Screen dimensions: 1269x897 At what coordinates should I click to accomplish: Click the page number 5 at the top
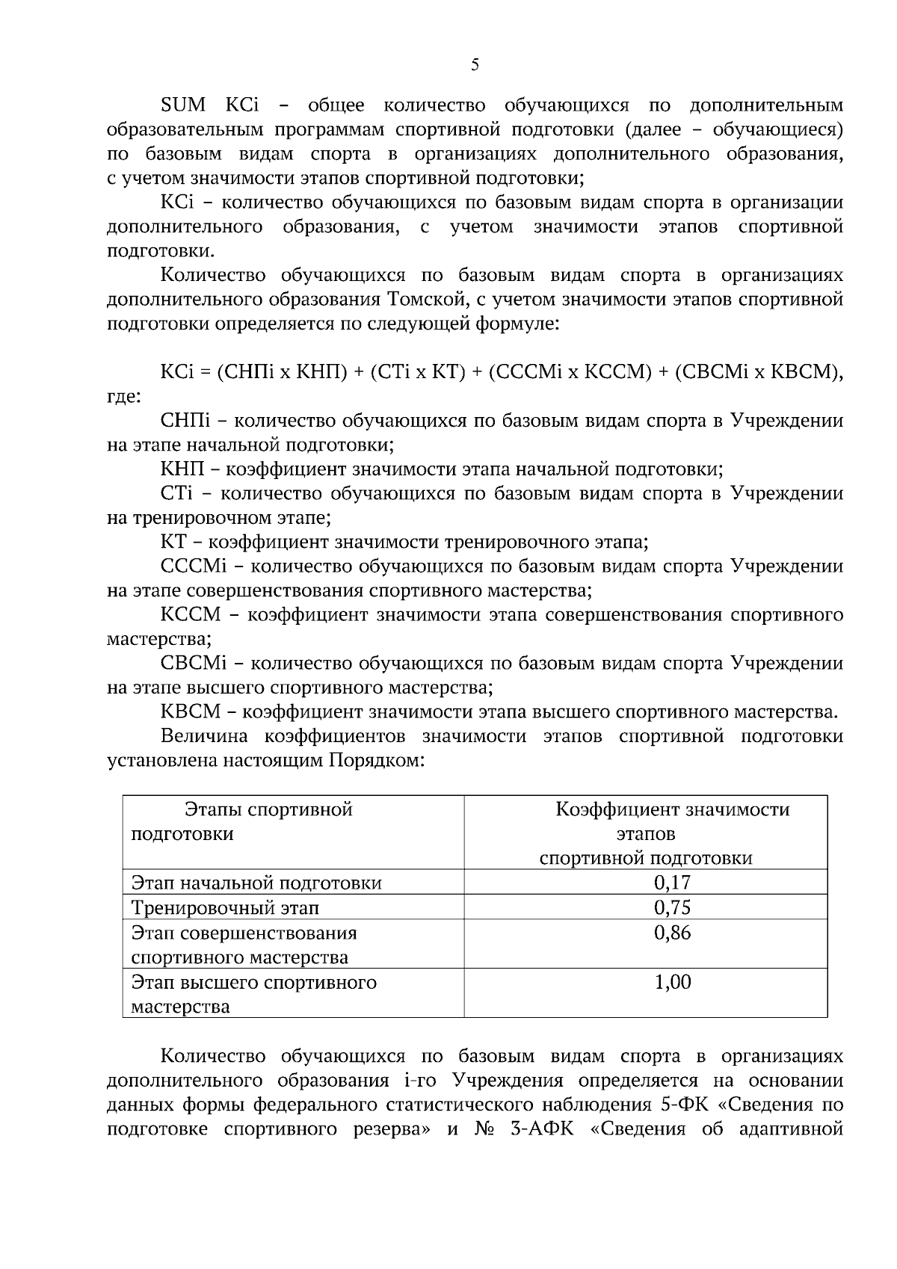pyautogui.click(x=475, y=65)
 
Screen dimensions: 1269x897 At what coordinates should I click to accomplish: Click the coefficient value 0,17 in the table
pyautogui.click(x=672, y=883)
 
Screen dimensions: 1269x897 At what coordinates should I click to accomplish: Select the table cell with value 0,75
pyautogui.click(x=672, y=907)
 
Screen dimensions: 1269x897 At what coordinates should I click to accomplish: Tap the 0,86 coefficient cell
pyautogui.click(x=672, y=933)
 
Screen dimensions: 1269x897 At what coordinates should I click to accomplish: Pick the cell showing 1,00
pyautogui.click(x=672, y=982)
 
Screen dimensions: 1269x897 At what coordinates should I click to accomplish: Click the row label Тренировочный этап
pyautogui.click(x=225, y=908)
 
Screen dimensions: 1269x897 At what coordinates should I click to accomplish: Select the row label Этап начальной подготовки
pyautogui.click(x=256, y=883)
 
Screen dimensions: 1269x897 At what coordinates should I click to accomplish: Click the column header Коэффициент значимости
pyautogui.click(x=672, y=809)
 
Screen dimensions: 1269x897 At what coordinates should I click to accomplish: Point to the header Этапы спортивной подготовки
pyautogui.click(x=268, y=809)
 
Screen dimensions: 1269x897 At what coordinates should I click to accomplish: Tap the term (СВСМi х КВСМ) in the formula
pyautogui.click(x=756, y=371)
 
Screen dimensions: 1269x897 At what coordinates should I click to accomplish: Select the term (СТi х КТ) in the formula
pyautogui.click(x=418, y=371)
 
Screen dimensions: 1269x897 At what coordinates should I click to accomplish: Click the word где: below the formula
pyautogui.click(x=124, y=396)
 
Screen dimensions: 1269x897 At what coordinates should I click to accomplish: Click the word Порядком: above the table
pyautogui.click(x=376, y=762)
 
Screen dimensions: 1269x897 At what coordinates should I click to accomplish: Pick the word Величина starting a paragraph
pyautogui.click(x=204, y=737)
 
